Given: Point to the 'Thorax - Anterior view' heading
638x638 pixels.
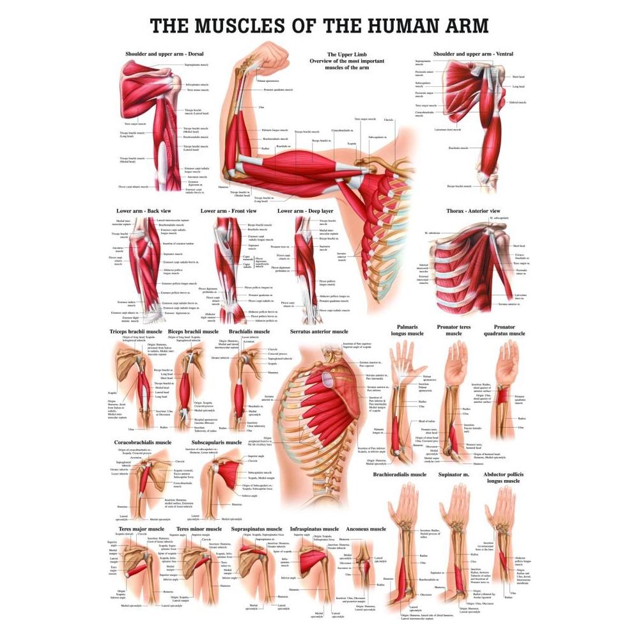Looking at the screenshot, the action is point(473,211).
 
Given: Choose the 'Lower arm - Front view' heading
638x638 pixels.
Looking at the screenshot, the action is point(228,210).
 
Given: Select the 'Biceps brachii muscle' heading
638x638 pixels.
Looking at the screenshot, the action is point(193,332).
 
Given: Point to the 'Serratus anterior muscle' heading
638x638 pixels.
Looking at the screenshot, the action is point(319,332).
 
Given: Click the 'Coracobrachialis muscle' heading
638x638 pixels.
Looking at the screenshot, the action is point(143,442).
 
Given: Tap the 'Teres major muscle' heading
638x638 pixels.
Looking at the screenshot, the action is point(137,529).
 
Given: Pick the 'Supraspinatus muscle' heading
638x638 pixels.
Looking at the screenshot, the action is point(256,529).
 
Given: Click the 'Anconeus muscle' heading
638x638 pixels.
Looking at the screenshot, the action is point(366,529).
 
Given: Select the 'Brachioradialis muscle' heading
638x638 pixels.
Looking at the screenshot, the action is point(400,474).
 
